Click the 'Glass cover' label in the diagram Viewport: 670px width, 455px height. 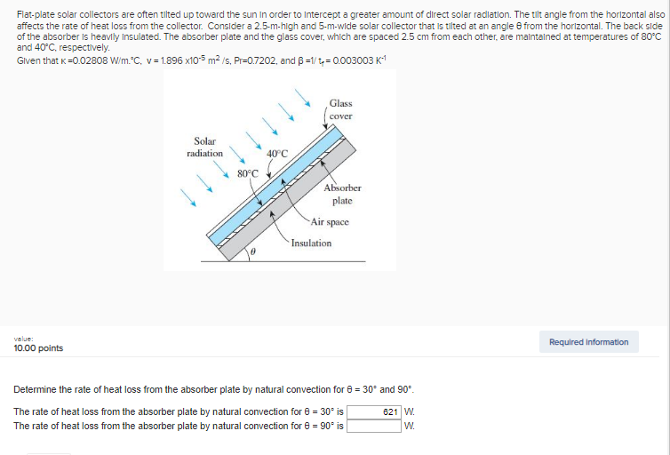[340, 110]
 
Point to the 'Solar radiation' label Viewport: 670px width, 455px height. [204, 148]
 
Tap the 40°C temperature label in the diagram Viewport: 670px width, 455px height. [277, 153]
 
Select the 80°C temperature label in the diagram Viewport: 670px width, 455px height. [248, 172]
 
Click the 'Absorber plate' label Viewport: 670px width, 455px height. [342, 194]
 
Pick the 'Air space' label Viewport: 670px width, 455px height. [330, 222]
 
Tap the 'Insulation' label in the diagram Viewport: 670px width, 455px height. [311, 243]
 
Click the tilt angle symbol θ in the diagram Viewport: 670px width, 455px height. [253, 253]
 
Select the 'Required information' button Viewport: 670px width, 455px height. [588, 342]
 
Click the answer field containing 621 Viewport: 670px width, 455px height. [374, 411]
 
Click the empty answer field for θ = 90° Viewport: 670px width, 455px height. [374, 426]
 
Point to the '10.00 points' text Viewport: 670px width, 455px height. [38, 348]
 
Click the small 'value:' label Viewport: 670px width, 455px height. [23, 339]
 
